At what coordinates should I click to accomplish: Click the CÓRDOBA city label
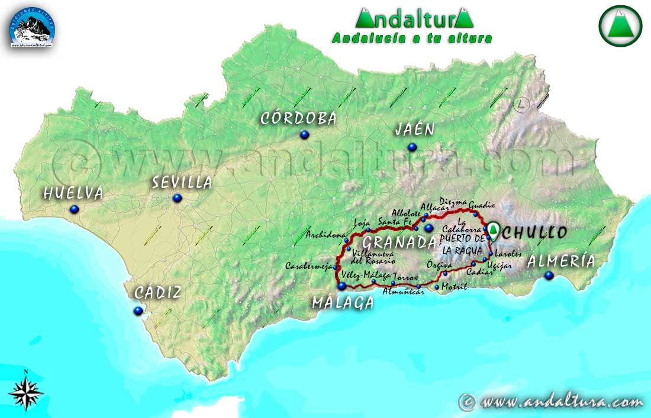(298, 118)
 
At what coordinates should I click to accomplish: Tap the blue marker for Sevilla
(176, 198)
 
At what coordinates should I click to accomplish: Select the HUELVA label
(73, 193)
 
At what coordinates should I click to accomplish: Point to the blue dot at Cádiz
(138, 310)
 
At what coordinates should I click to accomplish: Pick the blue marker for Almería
(549, 275)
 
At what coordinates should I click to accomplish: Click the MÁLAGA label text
(343, 303)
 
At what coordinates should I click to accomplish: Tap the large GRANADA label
(399, 242)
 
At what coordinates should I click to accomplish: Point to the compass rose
(26, 392)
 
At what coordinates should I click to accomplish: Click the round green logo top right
(620, 25)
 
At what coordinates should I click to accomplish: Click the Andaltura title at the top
(414, 18)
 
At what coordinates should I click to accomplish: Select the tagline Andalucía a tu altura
(412, 38)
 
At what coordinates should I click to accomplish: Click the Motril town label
(455, 287)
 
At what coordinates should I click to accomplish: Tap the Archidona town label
(325, 235)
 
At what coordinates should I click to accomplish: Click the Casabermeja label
(308, 265)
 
